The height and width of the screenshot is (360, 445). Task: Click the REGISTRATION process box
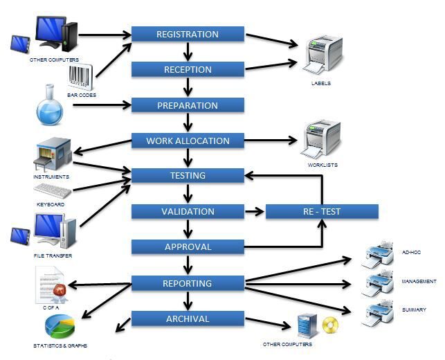[x=188, y=34]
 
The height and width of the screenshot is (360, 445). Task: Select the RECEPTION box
[x=188, y=69]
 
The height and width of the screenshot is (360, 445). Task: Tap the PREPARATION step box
[x=188, y=105]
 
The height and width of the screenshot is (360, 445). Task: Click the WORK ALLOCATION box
[x=188, y=141]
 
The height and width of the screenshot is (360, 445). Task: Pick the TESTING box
[x=188, y=176]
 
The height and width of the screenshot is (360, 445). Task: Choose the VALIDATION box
[x=188, y=211]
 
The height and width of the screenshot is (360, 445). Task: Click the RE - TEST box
[x=322, y=211]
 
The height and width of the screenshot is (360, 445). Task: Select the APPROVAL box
[x=188, y=246]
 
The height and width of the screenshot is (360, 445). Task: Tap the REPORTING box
[x=188, y=282]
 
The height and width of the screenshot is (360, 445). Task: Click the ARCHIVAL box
[x=188, y=318]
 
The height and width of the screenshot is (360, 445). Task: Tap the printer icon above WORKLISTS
[x=323, y=138]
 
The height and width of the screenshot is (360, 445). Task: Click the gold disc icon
[x=331, y=325]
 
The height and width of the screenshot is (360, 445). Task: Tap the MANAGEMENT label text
[x=419, y=282]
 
